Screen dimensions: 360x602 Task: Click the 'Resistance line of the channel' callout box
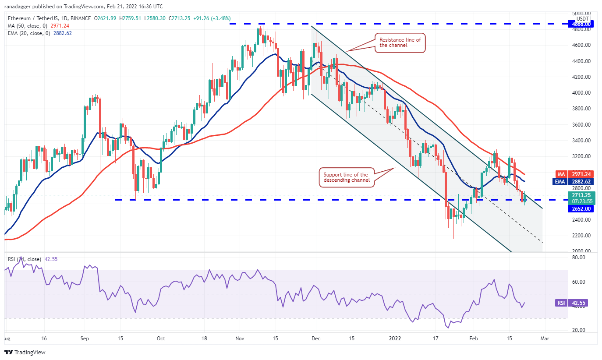(x=400, y=42)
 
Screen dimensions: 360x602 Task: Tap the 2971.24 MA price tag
(x=581, y=174)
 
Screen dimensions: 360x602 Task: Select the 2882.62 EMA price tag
(x=581, y=181)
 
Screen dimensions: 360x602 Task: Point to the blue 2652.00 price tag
(x=581, y=208)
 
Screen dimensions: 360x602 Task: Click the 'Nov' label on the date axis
(x=239, y=339)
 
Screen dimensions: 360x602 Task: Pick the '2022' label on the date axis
(x=395, y=339)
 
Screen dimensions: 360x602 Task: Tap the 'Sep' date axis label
(x=85, y=339)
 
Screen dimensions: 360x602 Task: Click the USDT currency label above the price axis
(x=582, y=18)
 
